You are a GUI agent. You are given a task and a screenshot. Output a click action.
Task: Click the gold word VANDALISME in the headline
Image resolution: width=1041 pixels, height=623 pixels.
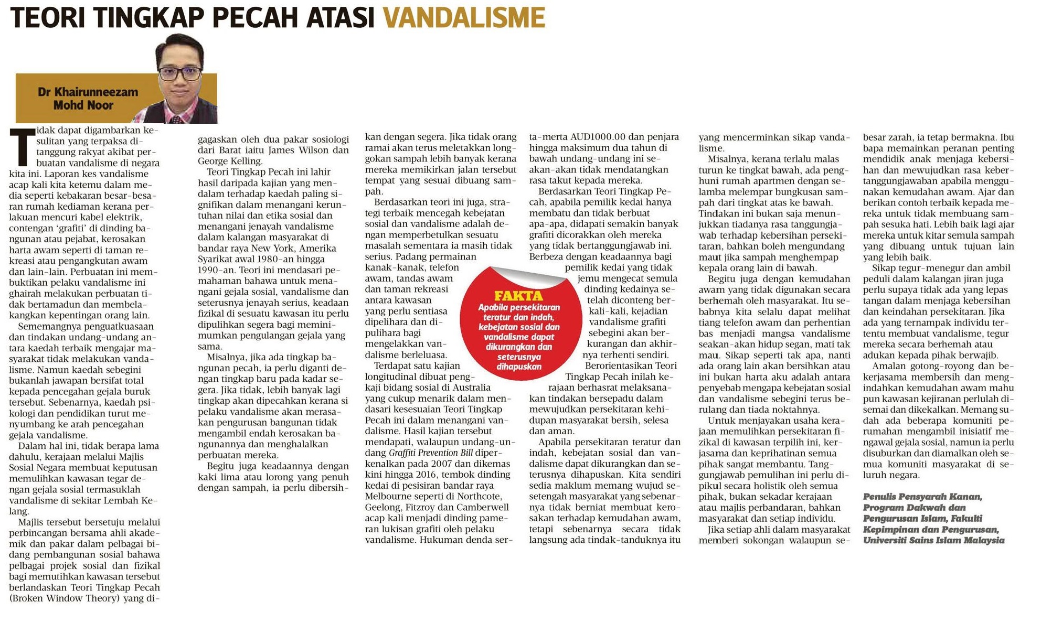click(464, 18)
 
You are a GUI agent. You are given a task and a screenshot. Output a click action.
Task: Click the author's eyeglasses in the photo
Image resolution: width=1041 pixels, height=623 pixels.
click(180, 73)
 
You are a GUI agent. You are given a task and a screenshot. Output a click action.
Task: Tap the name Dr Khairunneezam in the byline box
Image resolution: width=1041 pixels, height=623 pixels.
click(88, 92)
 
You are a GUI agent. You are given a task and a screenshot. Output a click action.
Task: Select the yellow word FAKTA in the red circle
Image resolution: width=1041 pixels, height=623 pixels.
click(518, 296)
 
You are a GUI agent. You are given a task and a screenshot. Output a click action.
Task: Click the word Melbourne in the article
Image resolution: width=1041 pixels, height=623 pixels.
click(389, 496)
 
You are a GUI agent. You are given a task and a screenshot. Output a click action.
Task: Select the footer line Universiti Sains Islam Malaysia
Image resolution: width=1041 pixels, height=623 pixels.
click(933, 540)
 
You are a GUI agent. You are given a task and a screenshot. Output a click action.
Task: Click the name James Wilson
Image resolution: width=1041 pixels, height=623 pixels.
click(300, 150)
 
